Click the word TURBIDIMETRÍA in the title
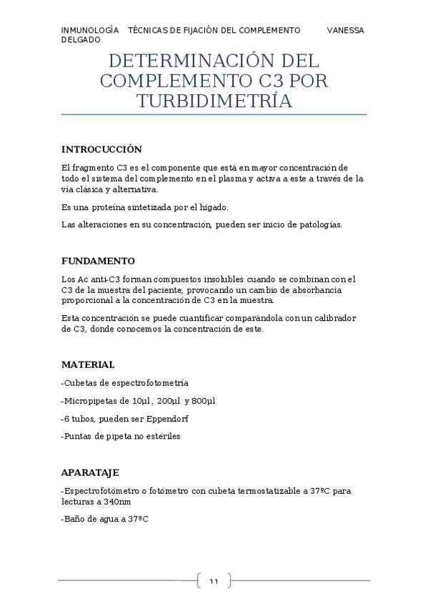(214, 101)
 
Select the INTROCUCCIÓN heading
(101, 149)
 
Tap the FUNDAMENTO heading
(98, 261)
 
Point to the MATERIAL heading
(88, 364)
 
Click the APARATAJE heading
(90, 472)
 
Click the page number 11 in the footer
(214, 582)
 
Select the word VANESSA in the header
(345, 30)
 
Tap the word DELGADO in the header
(80, 40)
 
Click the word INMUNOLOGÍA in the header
(90, 30)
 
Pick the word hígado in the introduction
(213, 207)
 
